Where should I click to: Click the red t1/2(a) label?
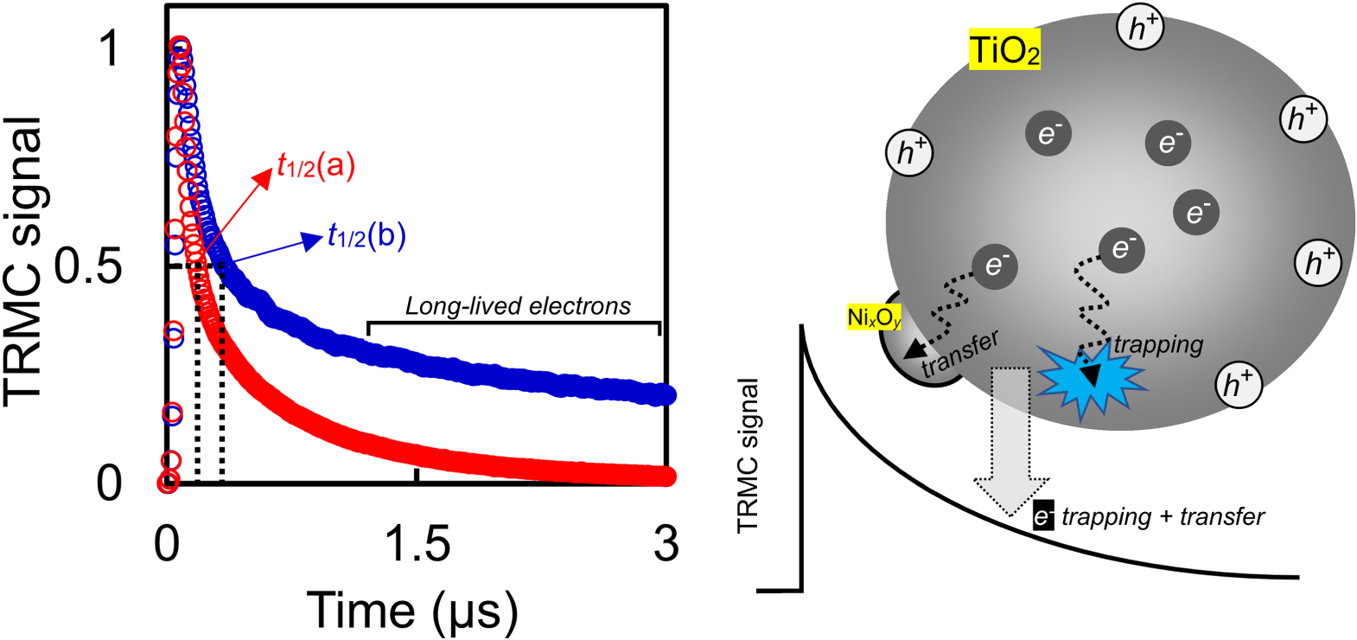click(316, 166)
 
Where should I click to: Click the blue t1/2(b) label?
click(366, 235)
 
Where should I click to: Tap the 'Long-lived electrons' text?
click(518, 306)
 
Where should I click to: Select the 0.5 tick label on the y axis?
click(88, 266)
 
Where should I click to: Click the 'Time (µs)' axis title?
click(413, 611)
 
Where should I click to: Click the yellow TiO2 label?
click(1004, 51)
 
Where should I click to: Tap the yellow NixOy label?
click(874, 318)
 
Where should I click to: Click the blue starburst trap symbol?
click(1090, 379)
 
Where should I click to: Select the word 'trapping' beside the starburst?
click(1158, 344)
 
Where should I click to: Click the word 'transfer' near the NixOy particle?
click(959, 355)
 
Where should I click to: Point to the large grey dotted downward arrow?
click(1011, 441)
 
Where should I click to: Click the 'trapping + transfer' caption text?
click(1163, 517)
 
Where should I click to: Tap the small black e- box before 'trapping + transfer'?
click(1043, 517)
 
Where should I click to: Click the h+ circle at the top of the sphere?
click(1141, 29)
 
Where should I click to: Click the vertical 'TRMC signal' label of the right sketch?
click(748, 457)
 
